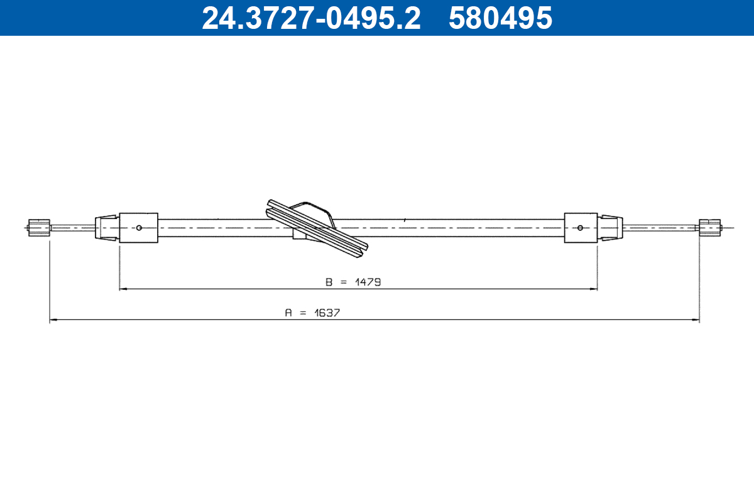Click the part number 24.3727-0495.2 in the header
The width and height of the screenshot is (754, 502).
coord(310,18)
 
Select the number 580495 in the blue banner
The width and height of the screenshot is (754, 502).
coord(500,18)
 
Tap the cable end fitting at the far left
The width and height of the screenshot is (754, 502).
coord(39,227)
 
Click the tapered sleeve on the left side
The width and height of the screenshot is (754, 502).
coord(106,227)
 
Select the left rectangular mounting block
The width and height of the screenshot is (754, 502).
coord(138,227)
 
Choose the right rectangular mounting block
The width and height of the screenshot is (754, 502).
coord(581,227)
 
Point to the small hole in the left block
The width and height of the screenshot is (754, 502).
coord(139,228)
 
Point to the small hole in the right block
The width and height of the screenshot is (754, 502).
coord(580,227)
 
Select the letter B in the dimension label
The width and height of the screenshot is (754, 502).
coord(329,282)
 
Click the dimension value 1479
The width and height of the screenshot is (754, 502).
coord(368,282)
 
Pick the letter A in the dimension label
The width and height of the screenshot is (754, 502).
coord(288,312)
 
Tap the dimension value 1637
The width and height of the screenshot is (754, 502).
coord(327,312)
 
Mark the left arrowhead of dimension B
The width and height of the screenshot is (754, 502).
coord(123,289)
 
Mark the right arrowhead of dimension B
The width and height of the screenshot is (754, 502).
coord(594,289)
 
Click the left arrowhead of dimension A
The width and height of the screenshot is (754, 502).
coord(53,320)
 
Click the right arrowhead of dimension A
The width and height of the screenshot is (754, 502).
coord(696,320)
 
